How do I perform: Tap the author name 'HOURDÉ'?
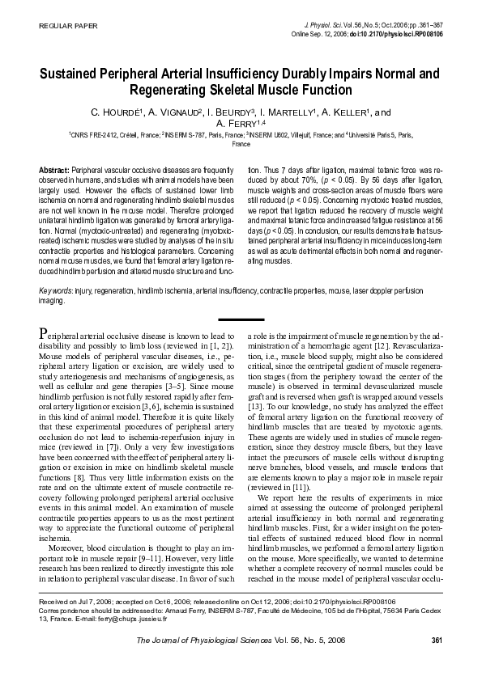tap(140, 112)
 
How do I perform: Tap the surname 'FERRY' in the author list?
tap(235, 124)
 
